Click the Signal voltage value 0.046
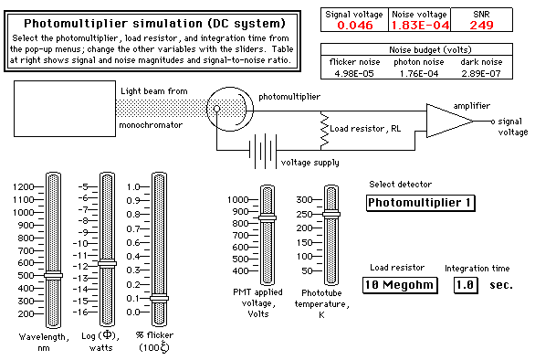[x=355, y=25]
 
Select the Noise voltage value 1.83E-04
[x=420, y=25]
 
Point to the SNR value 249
[x=481, y=25]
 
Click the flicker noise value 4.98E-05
[x=354, y=73]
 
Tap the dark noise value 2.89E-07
[x=481, y=73]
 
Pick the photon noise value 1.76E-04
[x=419, y=73]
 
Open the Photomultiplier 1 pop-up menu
[x=420, y=203]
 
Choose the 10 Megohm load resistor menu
[x=400, y=285]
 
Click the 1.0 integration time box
[x=466, y=285]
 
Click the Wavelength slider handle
[x=54, y=275]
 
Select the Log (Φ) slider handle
[x=107, y=263]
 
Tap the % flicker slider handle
[x=160, y=298]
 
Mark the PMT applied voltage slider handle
[x=267, y=217]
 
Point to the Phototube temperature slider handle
[x=331, y=214]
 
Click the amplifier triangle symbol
[x=450, y=121]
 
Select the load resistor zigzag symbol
[x=324, y=130]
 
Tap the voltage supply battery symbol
[x=263, y=150]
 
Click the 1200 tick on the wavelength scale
[x=39, y=186]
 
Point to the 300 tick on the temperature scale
[x=318, y=199]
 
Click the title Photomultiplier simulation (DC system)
[x=154, y=23]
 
